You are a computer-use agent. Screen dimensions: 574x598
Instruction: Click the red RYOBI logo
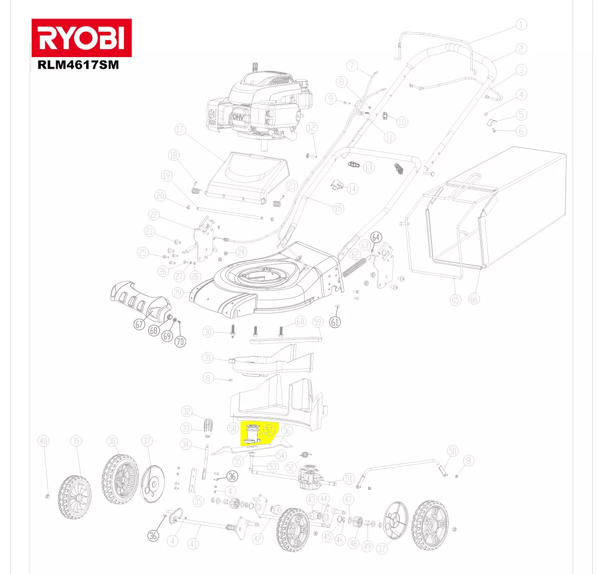click(81, 38)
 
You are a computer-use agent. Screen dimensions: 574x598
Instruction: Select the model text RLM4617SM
click(78, 66)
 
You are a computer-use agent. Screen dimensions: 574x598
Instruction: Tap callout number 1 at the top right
click(521, 24)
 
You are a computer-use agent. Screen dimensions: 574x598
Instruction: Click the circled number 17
click(181, 130)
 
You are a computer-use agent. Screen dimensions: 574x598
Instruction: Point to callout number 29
click(178, 293)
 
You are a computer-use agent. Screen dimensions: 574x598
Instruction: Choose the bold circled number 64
click(376, 237)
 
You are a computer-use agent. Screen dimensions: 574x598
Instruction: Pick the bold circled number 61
click(335, 321)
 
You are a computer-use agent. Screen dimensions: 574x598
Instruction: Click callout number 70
click(180, 341)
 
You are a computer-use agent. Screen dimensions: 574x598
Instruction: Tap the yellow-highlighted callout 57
click(269, 431)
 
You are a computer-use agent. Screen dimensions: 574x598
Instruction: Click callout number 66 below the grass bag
click(474, 299)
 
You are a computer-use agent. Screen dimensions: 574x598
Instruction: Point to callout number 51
click(348, 479)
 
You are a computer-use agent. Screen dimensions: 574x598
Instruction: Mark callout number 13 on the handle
click(369, 168)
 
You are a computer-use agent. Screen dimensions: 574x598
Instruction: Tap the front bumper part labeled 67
click(139, 301)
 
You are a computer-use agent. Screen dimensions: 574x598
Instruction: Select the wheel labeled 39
click(74, 494)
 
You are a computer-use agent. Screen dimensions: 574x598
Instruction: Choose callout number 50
click(452, 451)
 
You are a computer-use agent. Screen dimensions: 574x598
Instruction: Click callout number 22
click(154, 215)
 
